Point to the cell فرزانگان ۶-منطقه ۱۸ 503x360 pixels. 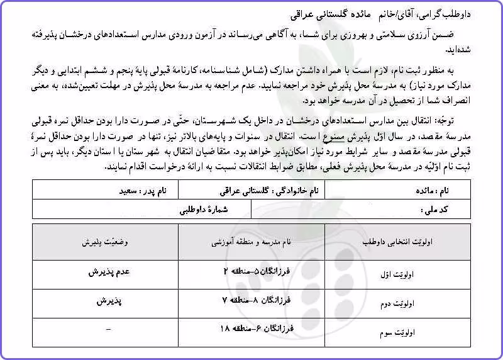(254, 328)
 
